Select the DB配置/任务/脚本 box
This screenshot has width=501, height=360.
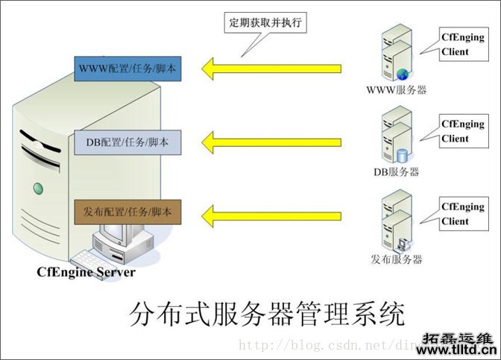point(126,142)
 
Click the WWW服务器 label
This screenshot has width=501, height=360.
point(395,91)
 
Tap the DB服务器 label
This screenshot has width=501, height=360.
point(396,172)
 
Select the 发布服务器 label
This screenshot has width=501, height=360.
point(396,259)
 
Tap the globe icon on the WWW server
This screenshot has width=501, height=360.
point(405,74)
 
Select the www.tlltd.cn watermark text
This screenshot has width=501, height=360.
point(459,350)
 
